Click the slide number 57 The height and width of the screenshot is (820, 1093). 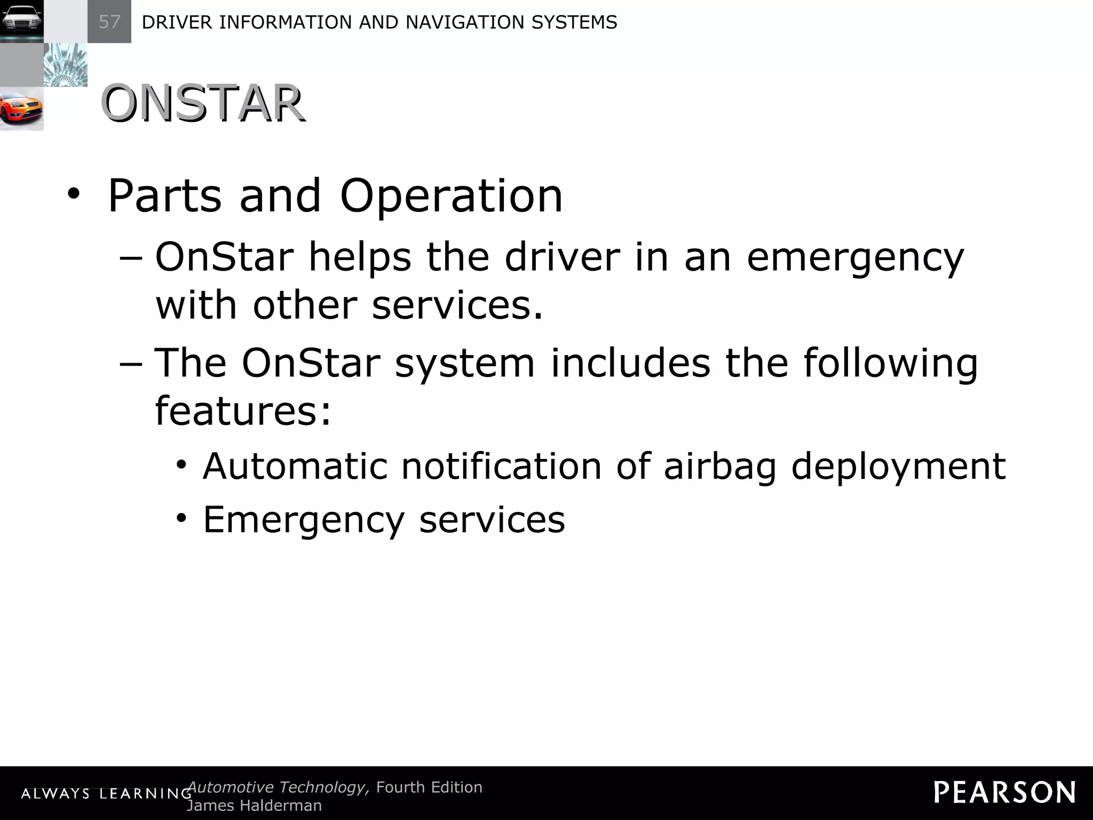point(109,22)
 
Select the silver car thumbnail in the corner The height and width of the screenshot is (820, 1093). point(21,21)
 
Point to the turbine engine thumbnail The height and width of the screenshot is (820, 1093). point(65,65)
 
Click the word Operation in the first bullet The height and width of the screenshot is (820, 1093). point(451,196)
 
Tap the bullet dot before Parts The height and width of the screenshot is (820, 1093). point(73,196)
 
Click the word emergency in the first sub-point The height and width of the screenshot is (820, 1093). point(855,257)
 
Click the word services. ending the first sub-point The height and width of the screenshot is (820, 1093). point(457,305)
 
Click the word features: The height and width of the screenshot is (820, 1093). point(243,411)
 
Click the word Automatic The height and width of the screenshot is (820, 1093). point(295,466)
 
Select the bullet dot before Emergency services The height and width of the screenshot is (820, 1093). point(182,518)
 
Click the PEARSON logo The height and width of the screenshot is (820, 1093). point(1004,792)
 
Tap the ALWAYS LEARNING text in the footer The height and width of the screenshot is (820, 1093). point(106,794)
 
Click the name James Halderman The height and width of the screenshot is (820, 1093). point(254,806)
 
